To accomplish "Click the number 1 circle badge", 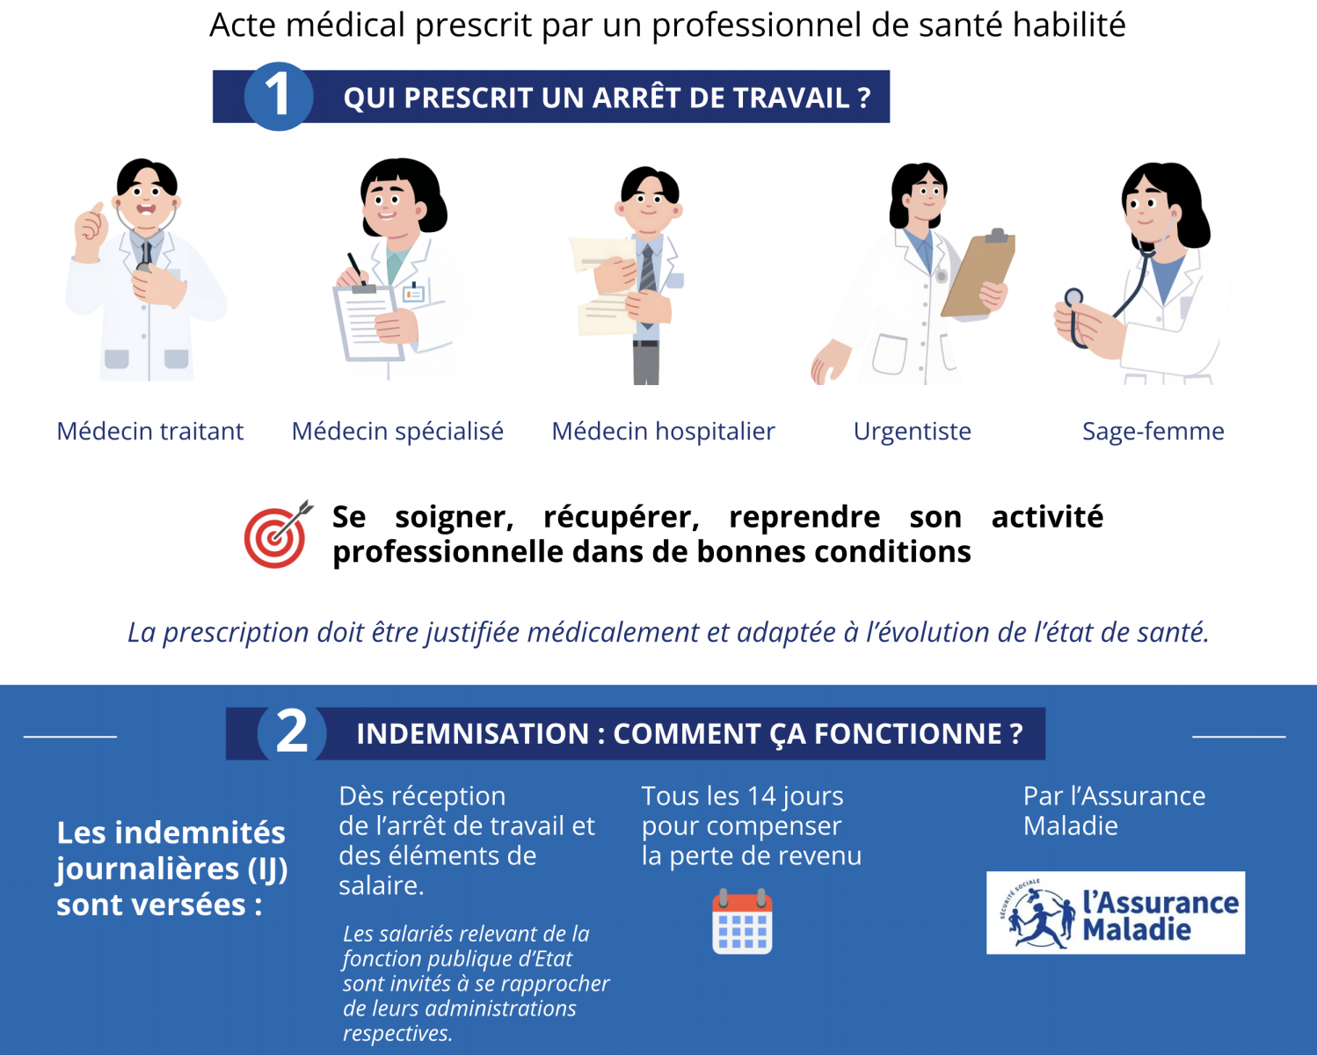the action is [279, 96].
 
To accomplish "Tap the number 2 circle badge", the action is [291, 733].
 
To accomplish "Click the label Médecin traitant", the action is [150, 431].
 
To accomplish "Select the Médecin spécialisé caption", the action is [397, 432].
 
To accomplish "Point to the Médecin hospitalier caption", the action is [664, 432].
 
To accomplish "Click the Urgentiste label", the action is [913, 432].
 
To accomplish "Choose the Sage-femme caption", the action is [1153, 432].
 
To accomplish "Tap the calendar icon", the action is [742, 921].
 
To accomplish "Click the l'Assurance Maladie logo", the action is [1116, 913].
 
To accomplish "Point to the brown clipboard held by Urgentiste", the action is [978, 273].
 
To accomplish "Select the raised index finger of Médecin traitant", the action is [97, 209].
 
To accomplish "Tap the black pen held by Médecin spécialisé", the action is [355, 266].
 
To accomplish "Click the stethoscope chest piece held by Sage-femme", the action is [1073, 298].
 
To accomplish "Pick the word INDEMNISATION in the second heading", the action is [472, 734].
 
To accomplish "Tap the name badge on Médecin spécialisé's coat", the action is [414, 294].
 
